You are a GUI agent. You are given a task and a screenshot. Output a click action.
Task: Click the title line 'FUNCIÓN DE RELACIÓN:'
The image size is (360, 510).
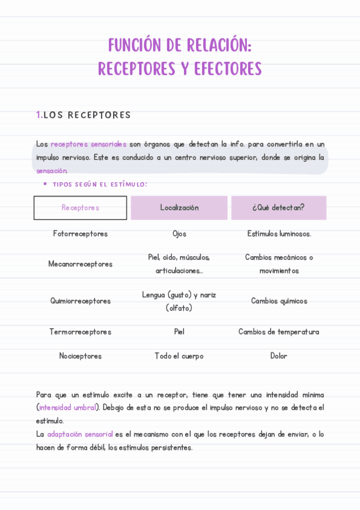click(x=180, y=46)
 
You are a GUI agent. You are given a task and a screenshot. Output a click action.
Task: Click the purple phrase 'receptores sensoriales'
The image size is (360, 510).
click(x=88, y=144)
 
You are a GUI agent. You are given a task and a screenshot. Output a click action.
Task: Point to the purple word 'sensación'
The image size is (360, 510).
click(x=52, y=171)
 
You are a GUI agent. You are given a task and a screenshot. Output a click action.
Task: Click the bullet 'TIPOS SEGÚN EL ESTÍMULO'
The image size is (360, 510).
click(x=100, y=185)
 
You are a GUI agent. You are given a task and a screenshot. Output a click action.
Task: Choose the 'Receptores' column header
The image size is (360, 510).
click(x=81, y=207)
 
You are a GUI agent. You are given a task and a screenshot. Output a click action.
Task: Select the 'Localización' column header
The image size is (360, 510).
click(x=179, y=207)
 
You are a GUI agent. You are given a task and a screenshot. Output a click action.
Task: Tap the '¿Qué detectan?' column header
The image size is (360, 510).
click(x=278, y=207)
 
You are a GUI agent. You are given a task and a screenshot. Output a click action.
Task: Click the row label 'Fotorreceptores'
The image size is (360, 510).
click(x=81, y=234)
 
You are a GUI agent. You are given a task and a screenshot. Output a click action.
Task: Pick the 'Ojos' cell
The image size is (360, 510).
click(x=179, y=234)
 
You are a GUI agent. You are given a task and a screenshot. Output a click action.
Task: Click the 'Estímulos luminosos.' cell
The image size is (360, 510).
click(x=279, y=234)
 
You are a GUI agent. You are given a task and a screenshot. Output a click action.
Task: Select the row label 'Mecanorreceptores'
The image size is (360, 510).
click(x=81, y=264)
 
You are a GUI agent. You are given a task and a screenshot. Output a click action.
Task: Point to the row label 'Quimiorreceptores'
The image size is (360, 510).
click(x=81, y=301)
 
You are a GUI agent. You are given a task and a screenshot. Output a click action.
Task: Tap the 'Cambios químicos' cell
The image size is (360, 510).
click(x=279, y=301)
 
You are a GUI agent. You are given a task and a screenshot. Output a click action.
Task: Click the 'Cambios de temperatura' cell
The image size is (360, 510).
click(x=279, y=332)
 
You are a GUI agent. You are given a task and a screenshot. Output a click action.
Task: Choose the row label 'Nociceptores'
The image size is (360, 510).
click(x=81, y=356)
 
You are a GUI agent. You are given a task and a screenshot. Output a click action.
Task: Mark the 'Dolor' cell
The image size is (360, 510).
click(x=279, y=356)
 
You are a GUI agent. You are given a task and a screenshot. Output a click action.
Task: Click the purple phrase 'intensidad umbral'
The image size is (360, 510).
click(x=67, y=408)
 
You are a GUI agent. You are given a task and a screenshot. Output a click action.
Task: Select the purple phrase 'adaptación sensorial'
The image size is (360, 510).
click(x=80, y=434)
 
